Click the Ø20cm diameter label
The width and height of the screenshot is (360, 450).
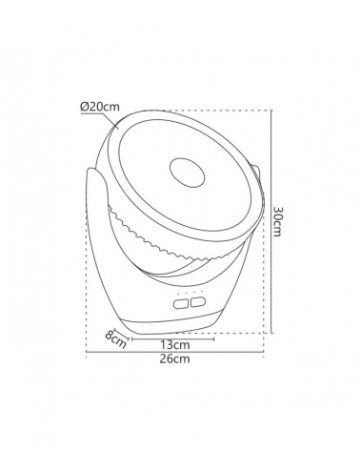pos(100,107)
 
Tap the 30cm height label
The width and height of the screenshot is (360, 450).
pos(277,221)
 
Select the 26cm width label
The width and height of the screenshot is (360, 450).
pos(175,358)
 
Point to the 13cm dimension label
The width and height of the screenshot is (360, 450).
pos(175,345)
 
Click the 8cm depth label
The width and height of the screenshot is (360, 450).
pos(115,339)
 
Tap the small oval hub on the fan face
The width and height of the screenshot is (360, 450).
pos(187,173)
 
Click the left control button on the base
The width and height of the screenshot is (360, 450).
pos(182,304)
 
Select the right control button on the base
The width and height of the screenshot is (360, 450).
pos(198,302)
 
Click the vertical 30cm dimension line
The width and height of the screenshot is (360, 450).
pos(271,221)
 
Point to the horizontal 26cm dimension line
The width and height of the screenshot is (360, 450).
pos(175,352)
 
